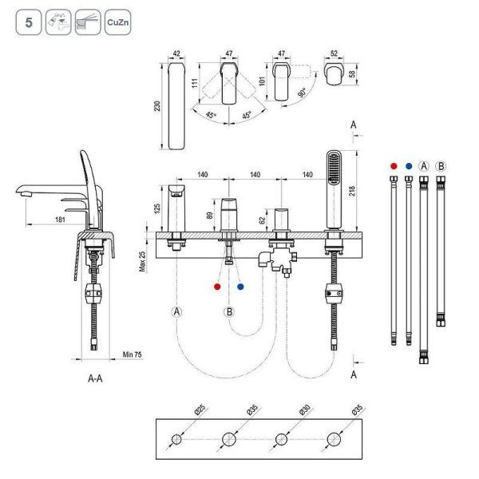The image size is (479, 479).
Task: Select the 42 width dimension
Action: point(178,55)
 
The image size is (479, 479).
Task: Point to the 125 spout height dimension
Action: point(158,208)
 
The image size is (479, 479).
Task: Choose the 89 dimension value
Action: point(210,214)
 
